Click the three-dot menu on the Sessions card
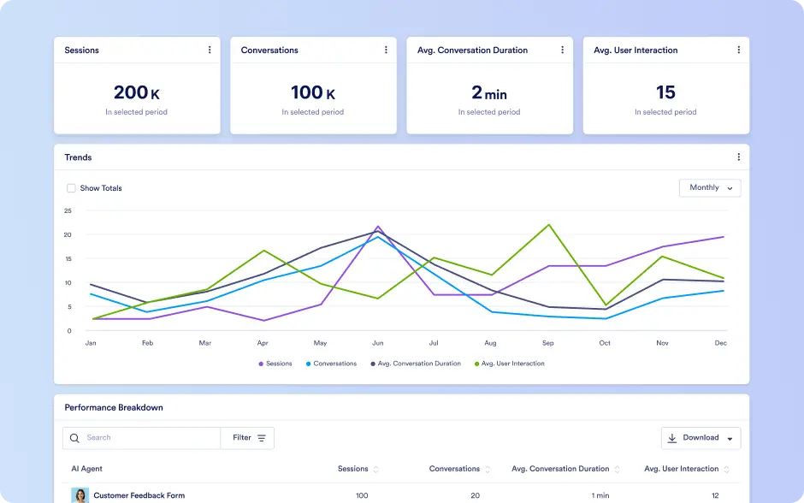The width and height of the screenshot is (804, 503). pyautogui.click(x=210, y=50)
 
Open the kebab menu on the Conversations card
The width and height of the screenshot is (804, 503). pyautogui.click(x=386, y=50)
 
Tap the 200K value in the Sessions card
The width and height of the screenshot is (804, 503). pyautogui.click(x=136, y=92)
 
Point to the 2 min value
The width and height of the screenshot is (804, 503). pyautogui.click(x=489, y=92)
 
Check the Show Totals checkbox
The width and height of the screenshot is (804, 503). pyautogui.click(x=71, y=188)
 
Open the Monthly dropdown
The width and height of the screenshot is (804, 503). pyautogui.click(x=710, y=187)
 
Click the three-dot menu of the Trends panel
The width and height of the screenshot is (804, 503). pyautogui.click(x=738, y=157)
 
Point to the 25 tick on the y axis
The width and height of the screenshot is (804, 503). pyautogui.click(x=68, y=210)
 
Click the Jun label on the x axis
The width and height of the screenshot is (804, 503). pyautogui.click(x=378, y=343)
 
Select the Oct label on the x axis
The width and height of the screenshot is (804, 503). pyautogui.click(x=605, y=343)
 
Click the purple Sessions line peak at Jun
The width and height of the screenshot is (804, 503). pyautogui.click(x=378, y=226)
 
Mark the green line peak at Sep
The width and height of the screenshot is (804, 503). pyautogui.click(x=549, y=225)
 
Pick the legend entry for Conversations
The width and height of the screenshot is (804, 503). pyautogui.click(x=331, y=364)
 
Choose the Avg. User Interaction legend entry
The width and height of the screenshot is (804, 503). pyautogui.click(x=510, y=364)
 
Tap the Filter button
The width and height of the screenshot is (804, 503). pyautogui.click(x=247, y=438)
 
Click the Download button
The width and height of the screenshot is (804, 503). pyautogui.click(x=701, y=438)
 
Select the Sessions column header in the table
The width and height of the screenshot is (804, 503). pyautogui.click(x=352, y=469)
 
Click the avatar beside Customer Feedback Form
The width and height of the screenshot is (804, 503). pyautogui.click(x=80, y=495)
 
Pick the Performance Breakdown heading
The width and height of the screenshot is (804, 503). pyautogui.click(x=114, y=408)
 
